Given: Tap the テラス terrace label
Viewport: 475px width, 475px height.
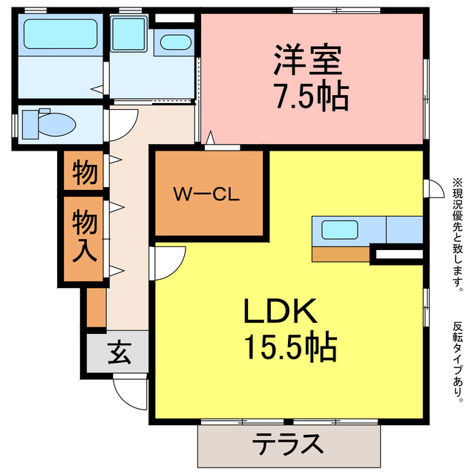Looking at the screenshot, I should tap(288, 445).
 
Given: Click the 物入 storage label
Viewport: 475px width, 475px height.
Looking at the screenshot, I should tap(84, 236).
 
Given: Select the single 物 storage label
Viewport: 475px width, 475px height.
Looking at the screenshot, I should tap(84, 173).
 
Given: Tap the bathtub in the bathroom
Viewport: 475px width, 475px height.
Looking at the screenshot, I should tap(60, 33).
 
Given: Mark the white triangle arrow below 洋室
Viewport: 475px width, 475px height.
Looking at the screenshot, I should tap(212, 137).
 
